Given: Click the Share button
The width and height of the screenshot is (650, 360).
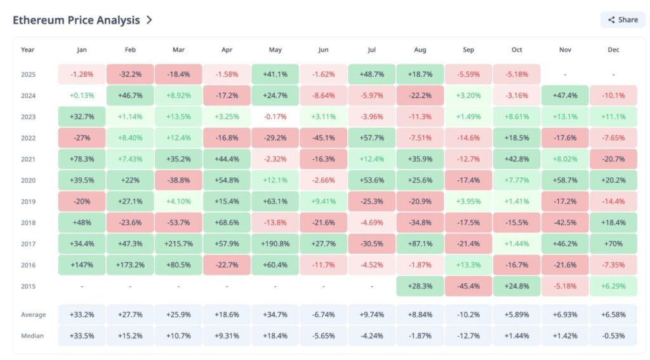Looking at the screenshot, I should (x=623, y=20).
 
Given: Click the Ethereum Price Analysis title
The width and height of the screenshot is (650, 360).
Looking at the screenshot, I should (x=76, y=20).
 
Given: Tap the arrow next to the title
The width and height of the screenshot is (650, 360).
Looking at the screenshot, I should (x=149, y=20).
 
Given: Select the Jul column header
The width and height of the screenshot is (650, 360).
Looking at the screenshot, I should (x=372, y=50).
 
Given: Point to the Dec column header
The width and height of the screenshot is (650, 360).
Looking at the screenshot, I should (x=613, y=50).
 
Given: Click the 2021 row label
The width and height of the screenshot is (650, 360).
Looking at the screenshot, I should (x=28, y=159).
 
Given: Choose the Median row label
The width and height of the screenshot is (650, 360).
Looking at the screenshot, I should (x=33, y=336).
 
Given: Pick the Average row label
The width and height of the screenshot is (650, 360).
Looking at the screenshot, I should (x=33, y=315).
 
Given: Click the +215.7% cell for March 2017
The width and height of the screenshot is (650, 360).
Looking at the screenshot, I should (x=178, y=244).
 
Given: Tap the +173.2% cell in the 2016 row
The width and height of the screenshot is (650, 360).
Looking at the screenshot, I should (x=130, y=265).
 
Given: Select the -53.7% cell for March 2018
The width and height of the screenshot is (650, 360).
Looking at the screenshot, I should (x=178, y=222).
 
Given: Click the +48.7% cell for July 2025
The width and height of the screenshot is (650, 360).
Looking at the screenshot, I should (x=372, y=74).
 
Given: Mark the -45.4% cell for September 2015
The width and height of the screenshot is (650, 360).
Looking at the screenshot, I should (x=468, y=286).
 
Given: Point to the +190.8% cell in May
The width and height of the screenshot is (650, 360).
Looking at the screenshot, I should (x=275, y=244).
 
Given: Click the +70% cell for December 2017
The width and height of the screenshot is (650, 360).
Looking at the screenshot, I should (x=613, y=244).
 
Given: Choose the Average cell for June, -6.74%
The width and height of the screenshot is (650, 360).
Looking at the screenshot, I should (x=323, y=315).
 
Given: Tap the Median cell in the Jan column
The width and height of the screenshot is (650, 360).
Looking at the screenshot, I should (x=82, y=336).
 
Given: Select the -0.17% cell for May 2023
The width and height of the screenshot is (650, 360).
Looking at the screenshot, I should (x=275, y=117).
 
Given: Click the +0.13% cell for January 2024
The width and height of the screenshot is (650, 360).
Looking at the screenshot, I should (x=82, y=95).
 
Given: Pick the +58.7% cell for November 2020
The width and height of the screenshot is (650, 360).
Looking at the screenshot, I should (x=565, y=180).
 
